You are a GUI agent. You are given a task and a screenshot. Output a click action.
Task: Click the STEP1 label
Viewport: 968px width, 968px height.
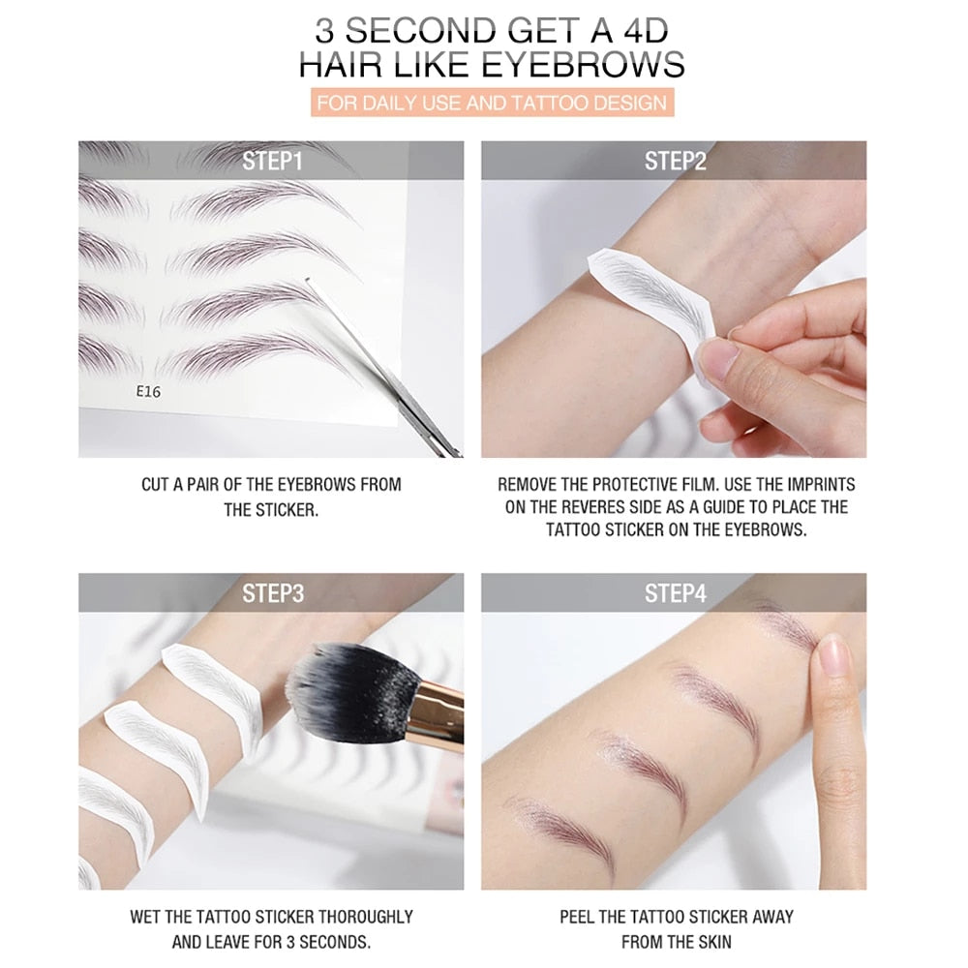(272, 161)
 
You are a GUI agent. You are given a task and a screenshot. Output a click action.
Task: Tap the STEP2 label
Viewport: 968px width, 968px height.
(675, 161)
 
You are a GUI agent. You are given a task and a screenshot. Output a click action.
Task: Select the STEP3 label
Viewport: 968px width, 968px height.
(272, 592)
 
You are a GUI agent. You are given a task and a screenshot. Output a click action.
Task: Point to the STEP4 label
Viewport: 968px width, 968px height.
(675, 592)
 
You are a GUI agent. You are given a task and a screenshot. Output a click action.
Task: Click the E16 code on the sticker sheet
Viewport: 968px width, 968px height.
(148, 392)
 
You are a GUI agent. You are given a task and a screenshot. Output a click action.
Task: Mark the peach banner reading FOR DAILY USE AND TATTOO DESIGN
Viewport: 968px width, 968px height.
(491, 103)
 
